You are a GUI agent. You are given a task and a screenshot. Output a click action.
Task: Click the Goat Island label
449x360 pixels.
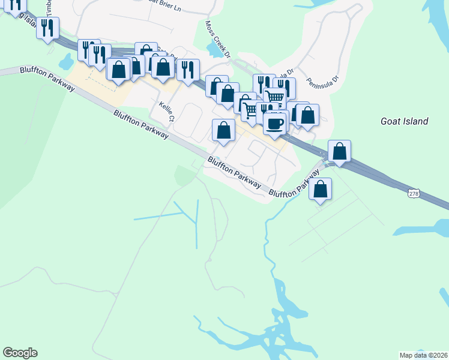pyautogui.click(x=404, y=121)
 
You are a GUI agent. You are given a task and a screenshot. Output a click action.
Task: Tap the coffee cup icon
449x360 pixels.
pyautogui.click(x=275, y=123)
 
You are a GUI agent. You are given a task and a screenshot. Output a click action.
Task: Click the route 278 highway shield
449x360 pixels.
pyautogui.click(x=413, y=193)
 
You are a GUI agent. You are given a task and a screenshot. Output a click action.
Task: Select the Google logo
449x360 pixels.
pyautogui.click(x=20, y=353)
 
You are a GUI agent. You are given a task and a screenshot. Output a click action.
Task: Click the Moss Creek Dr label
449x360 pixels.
pyautogui.click(x=218, y=41)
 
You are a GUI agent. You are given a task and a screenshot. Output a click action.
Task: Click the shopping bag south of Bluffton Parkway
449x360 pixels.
pyautogui.click(x=321, y=189)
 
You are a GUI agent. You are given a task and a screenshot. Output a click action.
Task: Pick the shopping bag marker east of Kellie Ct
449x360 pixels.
pyautogui.click(x=223, y=130)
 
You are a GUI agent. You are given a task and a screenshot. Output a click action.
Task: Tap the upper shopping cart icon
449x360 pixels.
pyautogui.click(x=274, y=97)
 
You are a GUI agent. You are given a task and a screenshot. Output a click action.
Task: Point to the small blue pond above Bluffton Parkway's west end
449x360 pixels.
pyautogui.click(x=65, y=61)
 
